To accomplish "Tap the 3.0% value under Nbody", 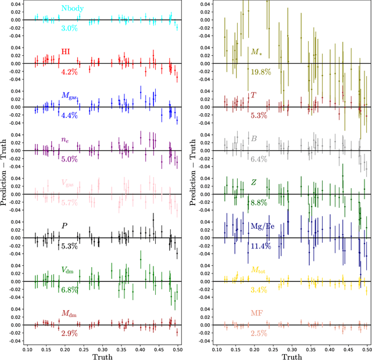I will pos(69,28).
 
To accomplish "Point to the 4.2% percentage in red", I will pos(69,72).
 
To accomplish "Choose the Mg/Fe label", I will pos(263,226).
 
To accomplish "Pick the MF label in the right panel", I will pos(257,314).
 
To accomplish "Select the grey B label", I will pos(253,139).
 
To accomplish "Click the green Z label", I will pos(253,182).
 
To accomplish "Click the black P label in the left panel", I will pos(65,226).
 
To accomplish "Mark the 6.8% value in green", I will pos(69,290).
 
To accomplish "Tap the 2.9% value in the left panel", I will pos(69,333).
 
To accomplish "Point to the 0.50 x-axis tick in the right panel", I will pos(367,350).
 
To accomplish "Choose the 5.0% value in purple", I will pos(69,159).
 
